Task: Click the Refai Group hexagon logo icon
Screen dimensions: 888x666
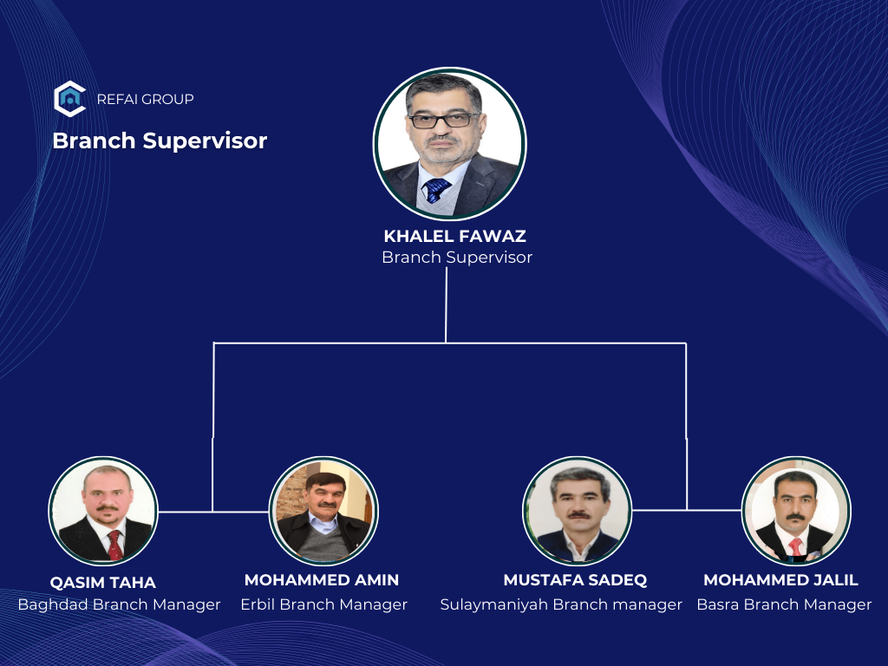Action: [69, 99]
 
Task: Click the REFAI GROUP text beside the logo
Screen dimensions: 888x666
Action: [146, 99]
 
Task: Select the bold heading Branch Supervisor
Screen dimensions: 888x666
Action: [160, 141]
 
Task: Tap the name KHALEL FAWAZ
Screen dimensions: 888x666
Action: [454, 236]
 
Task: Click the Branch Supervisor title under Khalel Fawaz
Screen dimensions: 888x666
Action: [457, 257]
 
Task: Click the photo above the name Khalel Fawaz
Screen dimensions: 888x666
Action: [450, 144]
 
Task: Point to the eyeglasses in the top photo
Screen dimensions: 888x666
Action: [444, 120]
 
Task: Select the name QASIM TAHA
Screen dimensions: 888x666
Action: [102, 582]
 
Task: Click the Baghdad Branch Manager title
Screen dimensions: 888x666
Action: [119, 604]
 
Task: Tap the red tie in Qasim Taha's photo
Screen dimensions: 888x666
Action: [114, 545]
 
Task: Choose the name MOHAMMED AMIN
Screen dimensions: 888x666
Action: [322, 580]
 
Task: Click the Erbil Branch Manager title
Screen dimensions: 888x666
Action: [324, 604]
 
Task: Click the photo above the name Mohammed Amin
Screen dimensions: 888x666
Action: [324, 511]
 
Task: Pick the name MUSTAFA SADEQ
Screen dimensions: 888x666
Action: [576, 580]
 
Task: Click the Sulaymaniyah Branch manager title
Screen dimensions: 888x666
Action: [561, 604]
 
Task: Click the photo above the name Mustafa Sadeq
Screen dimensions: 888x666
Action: [577, 511]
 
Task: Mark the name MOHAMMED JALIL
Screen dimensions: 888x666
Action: [780, 580]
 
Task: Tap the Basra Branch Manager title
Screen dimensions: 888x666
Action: [784, 604]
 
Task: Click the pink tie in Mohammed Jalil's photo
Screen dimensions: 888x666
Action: [796, 546]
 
